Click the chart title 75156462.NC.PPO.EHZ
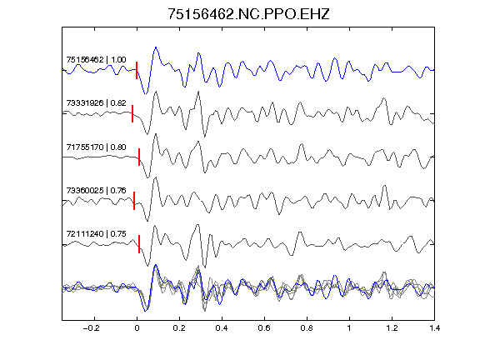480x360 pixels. click(248, 14)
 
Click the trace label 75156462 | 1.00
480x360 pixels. click(96, 59)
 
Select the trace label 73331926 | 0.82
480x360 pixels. click(96, 102)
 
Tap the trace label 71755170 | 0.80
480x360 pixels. click(96, 147)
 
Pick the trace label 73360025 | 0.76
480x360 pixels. click(96, 190)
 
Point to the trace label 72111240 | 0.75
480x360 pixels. click(96, 234)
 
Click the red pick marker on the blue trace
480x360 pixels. click(137, 70)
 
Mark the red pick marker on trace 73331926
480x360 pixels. click(132, 113)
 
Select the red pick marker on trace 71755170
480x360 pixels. click(139, 157)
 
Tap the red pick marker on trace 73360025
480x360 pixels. click(134, 201)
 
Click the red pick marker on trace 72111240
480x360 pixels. click(139, 244)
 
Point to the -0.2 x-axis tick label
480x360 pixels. click(92, 328)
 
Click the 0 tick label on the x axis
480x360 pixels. click(137, 328)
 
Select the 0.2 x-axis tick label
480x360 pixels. click(179, 328)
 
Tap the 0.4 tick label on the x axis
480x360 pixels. click(222, 328)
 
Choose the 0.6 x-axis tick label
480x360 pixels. click(264, 328)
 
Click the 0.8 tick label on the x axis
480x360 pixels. click(307, 328)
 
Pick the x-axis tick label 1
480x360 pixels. click(349, 328)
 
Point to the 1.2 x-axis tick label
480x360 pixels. click(392, 328)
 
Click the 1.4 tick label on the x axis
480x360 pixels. click(434, 328)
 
